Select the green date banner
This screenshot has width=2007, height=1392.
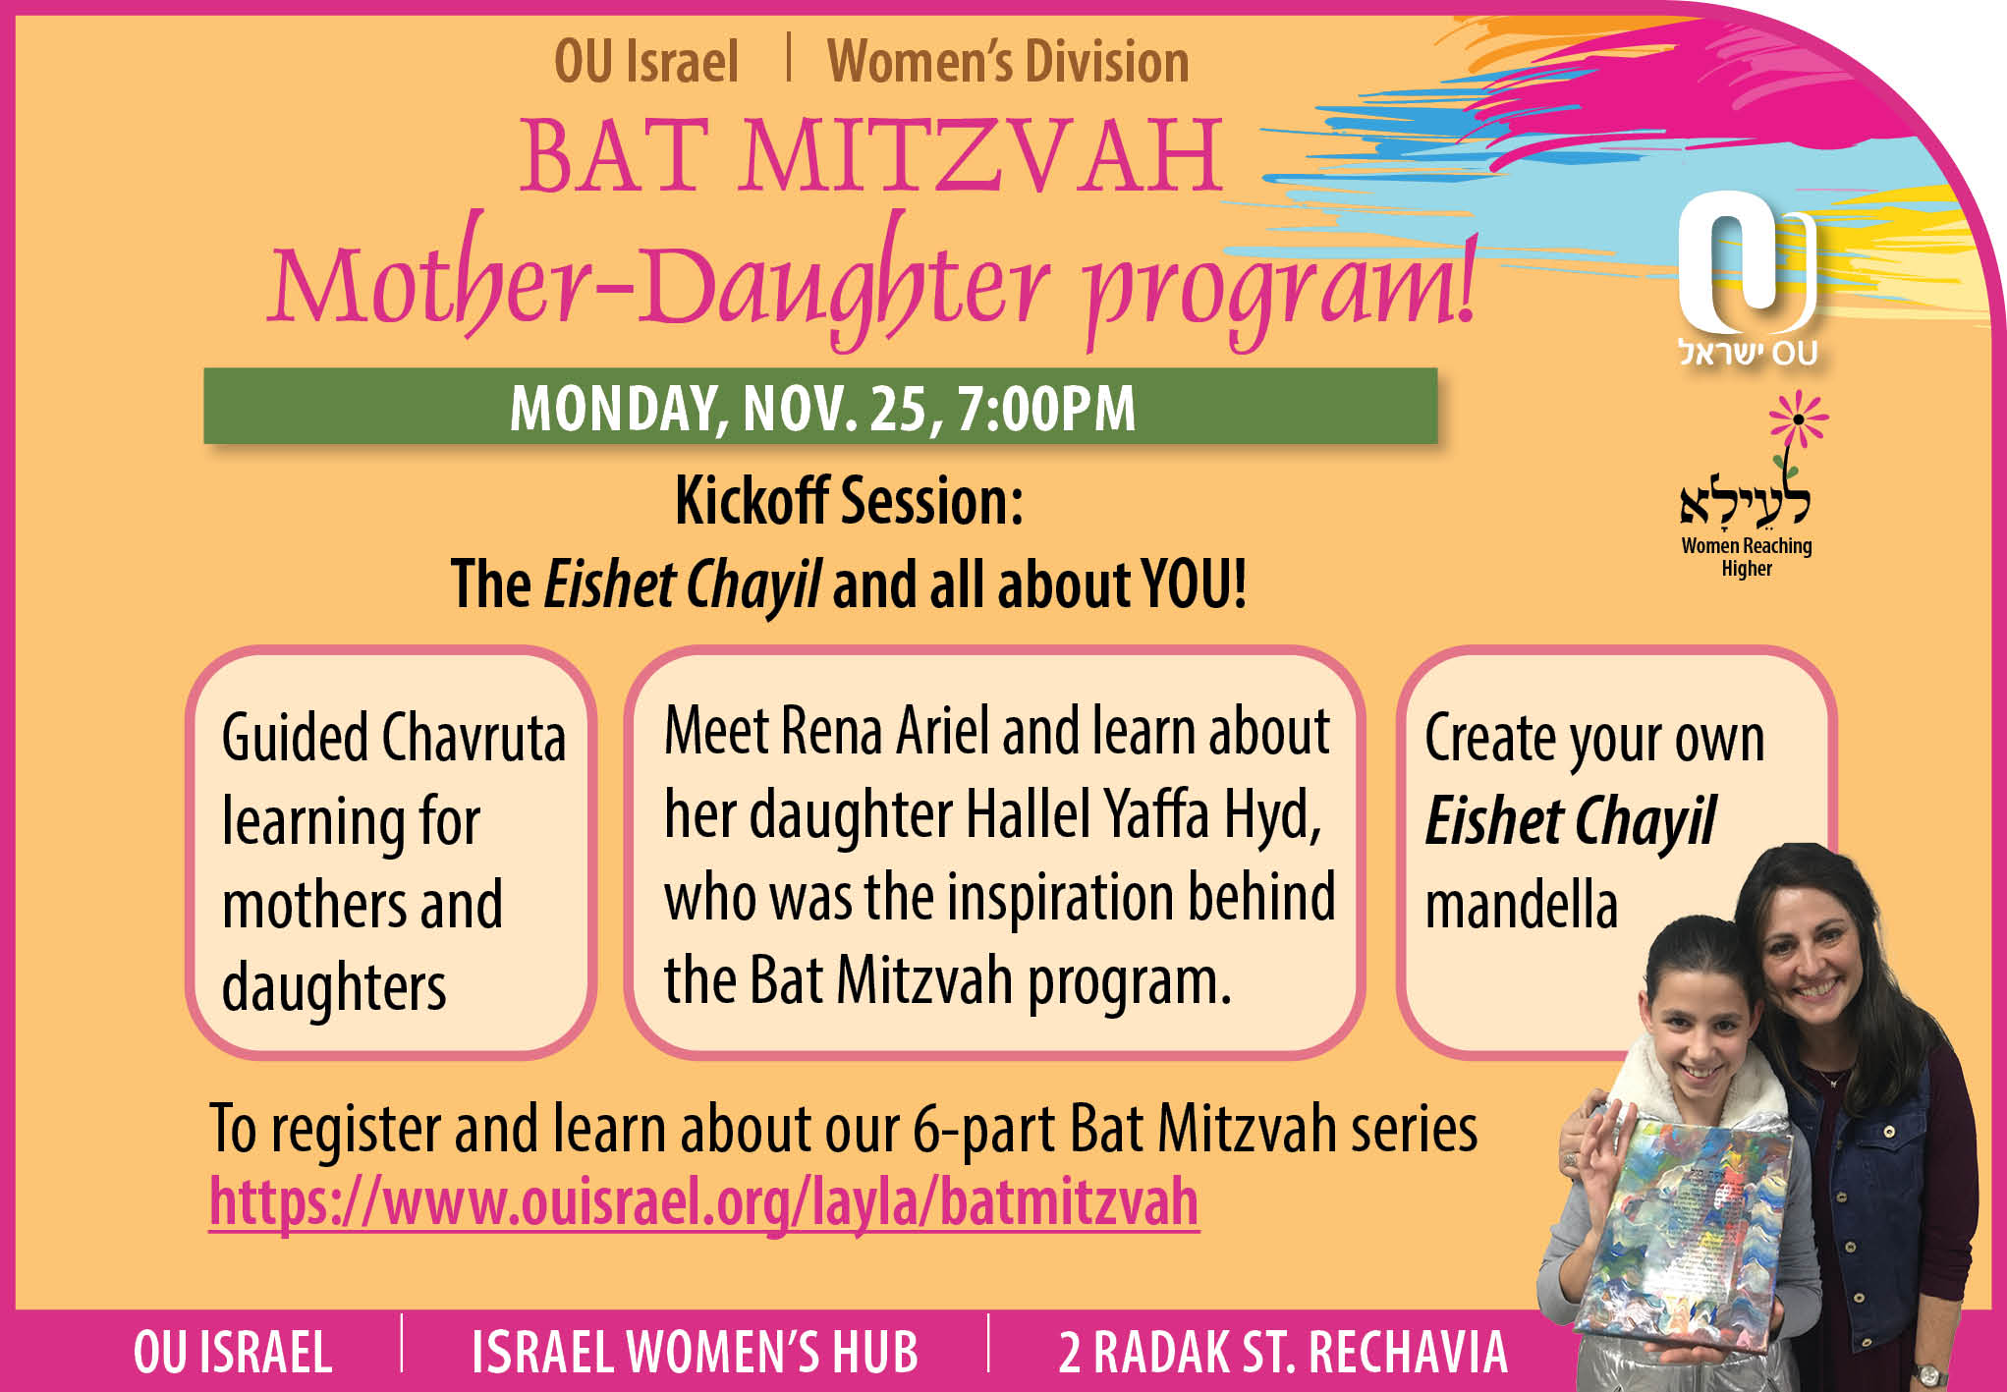pyautogui.click(x=820, y=406)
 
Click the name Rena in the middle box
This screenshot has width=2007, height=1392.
pyautogui.click(x=833, y=732)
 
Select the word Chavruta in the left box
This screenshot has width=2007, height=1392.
pyautogui.click(x=474, y=738)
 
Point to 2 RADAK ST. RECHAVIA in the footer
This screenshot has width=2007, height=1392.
pyautogui.click(x=1282, y=1352)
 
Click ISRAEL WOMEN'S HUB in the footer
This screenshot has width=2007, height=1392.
pyautogui.click(x=695, y=1352)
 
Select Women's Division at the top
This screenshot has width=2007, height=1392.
pyautogui.click(x=1008, y=62)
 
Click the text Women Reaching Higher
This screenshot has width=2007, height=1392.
pyautogui.click(x=1747, y=557)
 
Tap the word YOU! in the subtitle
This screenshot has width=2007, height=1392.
pyautogui.click(x=1194, y=585)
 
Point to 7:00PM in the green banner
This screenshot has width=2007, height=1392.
pyautogui.click(x=1046, y=408)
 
